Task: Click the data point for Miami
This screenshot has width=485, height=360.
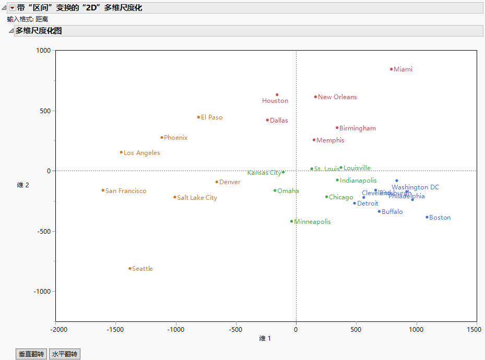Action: pos(391,69)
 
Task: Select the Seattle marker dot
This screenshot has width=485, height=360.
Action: pos(130,269)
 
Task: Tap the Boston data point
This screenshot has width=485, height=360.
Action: pos(427,217)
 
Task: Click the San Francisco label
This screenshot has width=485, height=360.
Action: pos(126,191)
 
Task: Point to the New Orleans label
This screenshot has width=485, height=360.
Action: pos(337,97)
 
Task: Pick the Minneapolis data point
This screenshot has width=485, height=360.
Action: pos(292,221)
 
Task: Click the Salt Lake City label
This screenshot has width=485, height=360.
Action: pos(197,198)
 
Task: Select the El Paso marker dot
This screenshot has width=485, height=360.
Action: pos(198,117)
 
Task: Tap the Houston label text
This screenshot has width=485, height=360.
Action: pos(275,101)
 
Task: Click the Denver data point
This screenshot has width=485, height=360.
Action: pos(217,182)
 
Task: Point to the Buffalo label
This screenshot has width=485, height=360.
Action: pos(392,212)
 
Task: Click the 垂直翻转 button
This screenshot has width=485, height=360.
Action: pos(31,354)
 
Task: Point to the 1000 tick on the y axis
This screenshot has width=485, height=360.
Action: pos(43,51)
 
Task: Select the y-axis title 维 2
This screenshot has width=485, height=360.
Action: pos(23,185)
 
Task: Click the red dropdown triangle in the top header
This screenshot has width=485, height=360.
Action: pos(13,8)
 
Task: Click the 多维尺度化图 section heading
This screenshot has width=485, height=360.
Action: pos(39,31)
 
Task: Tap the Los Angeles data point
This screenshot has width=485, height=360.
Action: pos(121,152)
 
